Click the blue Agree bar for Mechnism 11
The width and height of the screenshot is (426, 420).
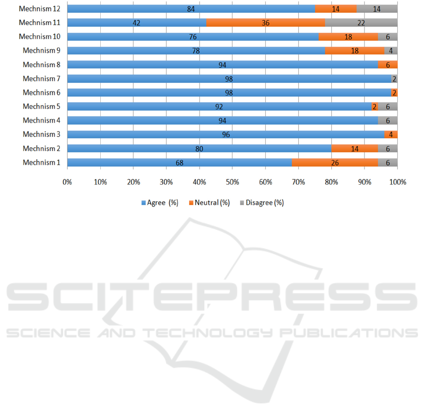[x=137, y=23]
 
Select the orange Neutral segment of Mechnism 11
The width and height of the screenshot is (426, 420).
[x=266, y=23]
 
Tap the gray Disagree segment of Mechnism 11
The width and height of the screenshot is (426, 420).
[x=361, y=23]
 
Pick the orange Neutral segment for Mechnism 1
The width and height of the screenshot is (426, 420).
[x=335, y=163]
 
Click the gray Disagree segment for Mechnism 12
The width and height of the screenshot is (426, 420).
[x=377, y=9]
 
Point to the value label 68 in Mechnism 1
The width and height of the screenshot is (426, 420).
[x=179, y=163]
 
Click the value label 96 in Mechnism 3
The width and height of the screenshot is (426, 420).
[x=226, y=134]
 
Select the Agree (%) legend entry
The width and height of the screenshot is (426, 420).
[x=160, y=203]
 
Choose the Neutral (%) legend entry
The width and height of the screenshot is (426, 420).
[x=212, y=203]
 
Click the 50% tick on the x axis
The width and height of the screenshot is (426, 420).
[x=232, y=181]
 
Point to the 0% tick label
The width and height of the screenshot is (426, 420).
[x=67, y=181]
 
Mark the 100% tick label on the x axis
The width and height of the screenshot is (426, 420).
[x=397, y=181]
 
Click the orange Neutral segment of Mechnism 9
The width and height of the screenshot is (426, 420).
[x=355, y=51]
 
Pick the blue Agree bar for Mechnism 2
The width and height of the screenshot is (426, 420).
[x=199, y=149]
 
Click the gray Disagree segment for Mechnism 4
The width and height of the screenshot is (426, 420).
[x=388, y=121]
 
